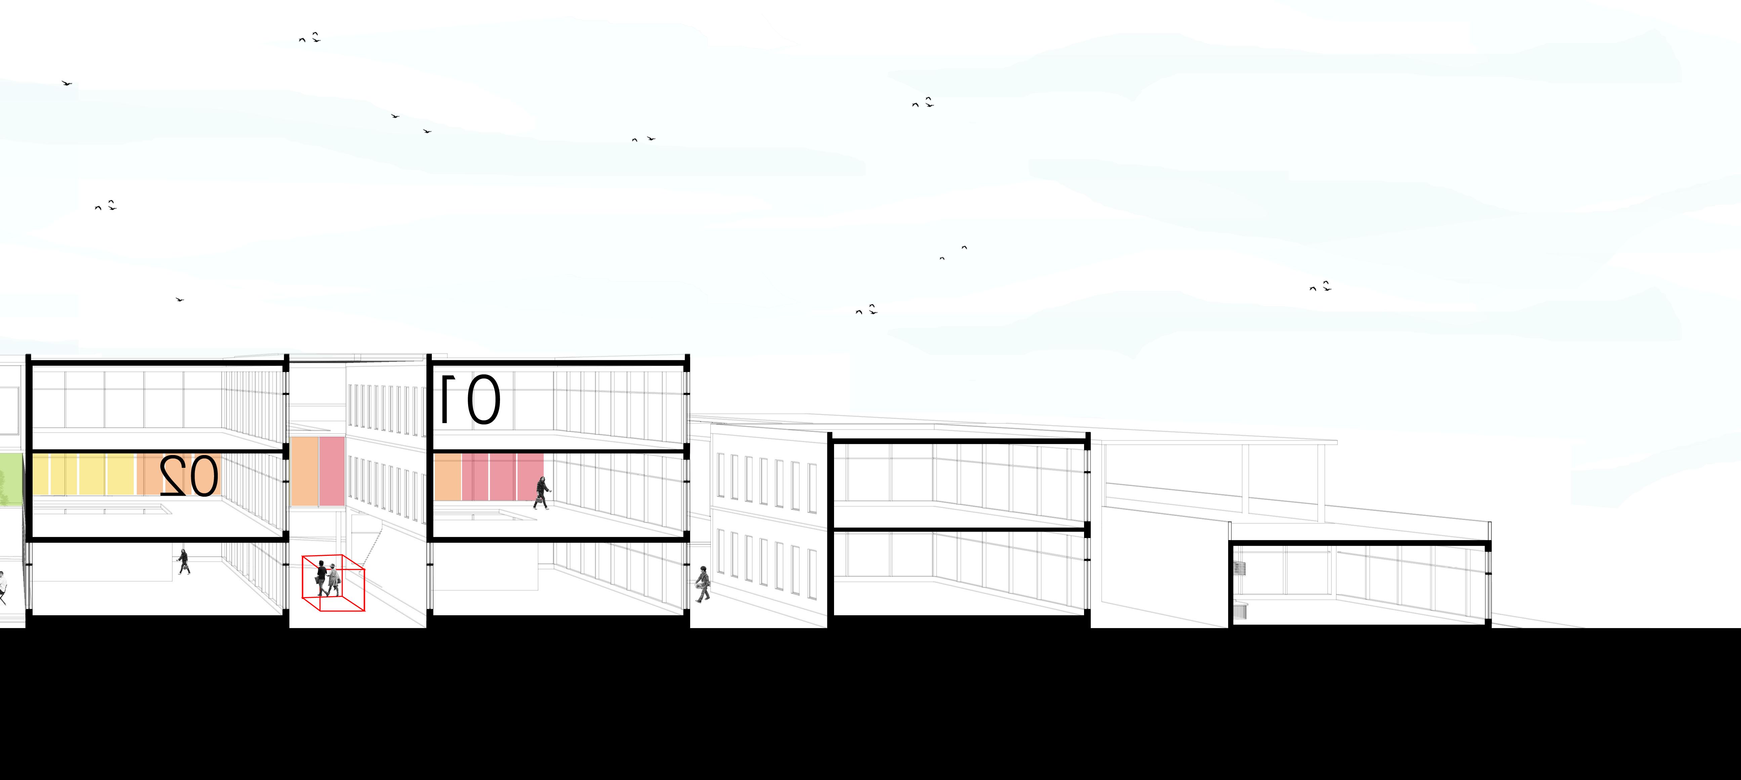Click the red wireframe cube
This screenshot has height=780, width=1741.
coord(333,583)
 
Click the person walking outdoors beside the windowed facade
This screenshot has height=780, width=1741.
coord(703,584)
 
